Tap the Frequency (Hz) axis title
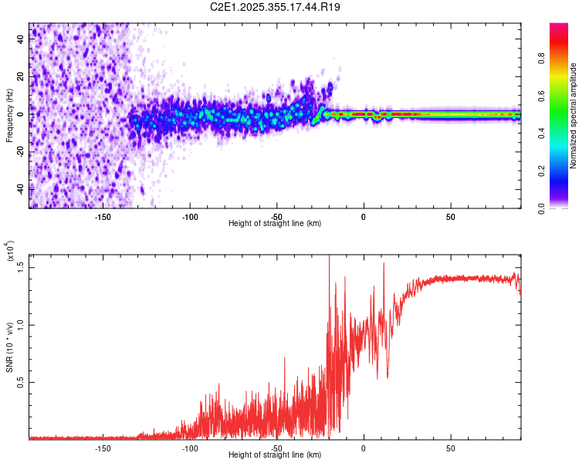tap(9, 116)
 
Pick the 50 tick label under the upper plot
tap(450, 217)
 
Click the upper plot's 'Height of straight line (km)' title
tap(275, 224)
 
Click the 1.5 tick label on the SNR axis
tap(21, 266)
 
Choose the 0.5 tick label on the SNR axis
tap(21, 382)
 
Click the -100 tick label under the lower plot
tap(190, 448)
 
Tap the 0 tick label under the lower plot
tap(364, 448)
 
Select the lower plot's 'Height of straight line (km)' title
tap(275, 455)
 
